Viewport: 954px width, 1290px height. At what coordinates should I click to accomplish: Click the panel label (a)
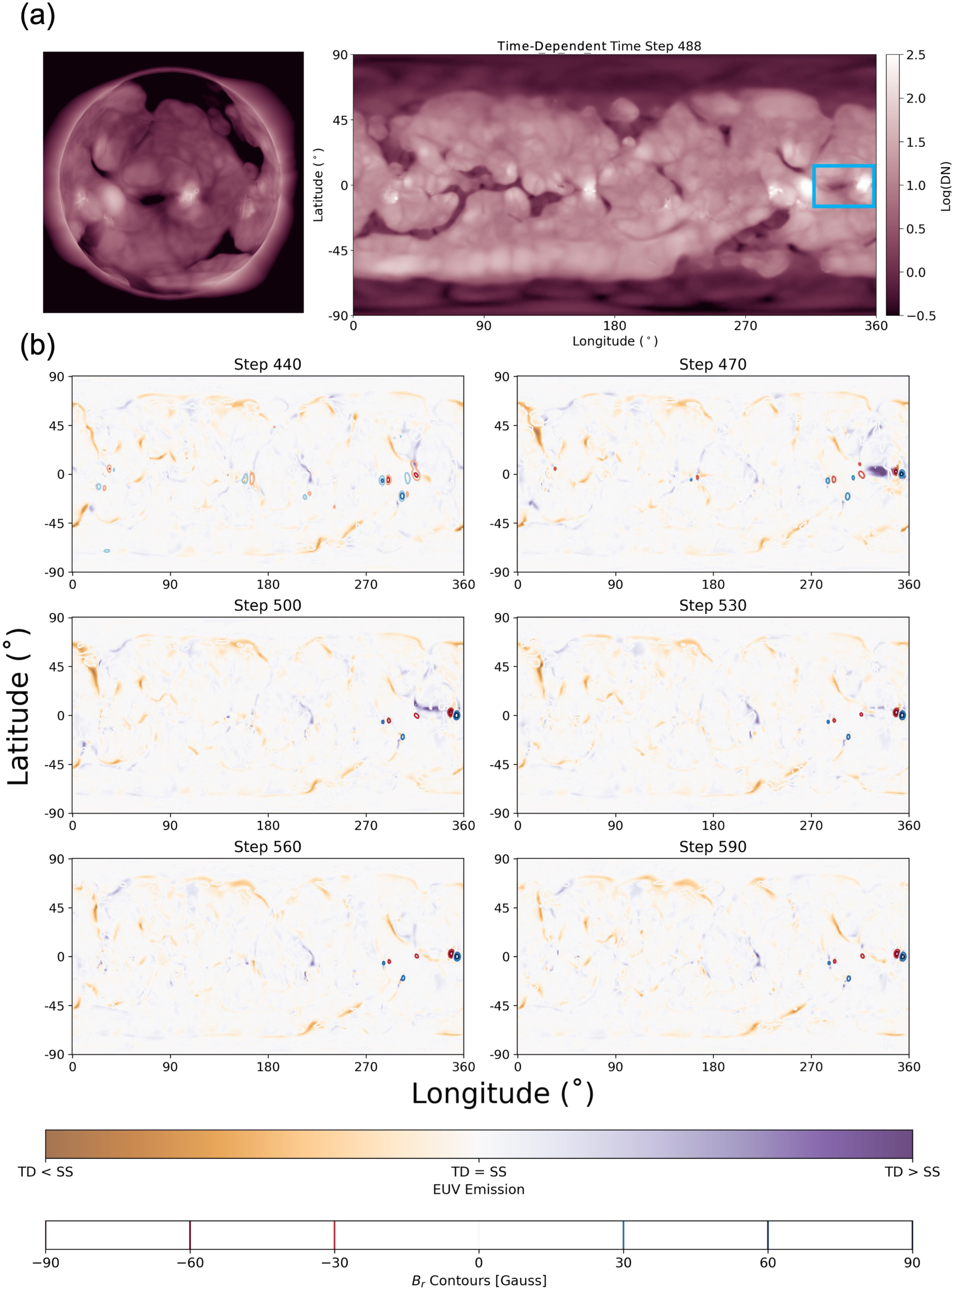[38, 16]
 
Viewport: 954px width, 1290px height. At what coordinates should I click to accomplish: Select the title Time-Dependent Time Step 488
[599, 46]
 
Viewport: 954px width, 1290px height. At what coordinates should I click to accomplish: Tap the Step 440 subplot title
[268, 365]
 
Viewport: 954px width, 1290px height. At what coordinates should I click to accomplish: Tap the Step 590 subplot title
[713, 847]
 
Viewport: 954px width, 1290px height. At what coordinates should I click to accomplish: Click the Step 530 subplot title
[713, 605]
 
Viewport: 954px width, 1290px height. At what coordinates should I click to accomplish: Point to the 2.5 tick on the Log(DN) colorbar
[915, 55]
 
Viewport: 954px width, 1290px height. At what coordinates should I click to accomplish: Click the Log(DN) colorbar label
[945, 186]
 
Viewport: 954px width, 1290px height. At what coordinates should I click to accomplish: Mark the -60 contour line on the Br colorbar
[190, 1235]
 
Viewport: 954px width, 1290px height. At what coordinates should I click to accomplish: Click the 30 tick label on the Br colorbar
[622, 1262]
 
